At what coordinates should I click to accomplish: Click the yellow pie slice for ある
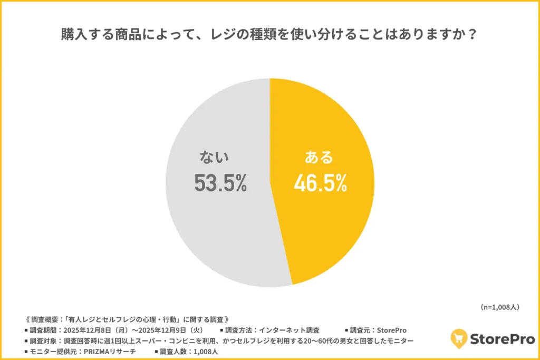[327, 221]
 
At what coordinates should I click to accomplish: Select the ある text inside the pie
[319, 157]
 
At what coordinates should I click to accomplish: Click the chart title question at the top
[269, 36]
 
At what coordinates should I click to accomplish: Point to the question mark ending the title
[473, 36]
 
